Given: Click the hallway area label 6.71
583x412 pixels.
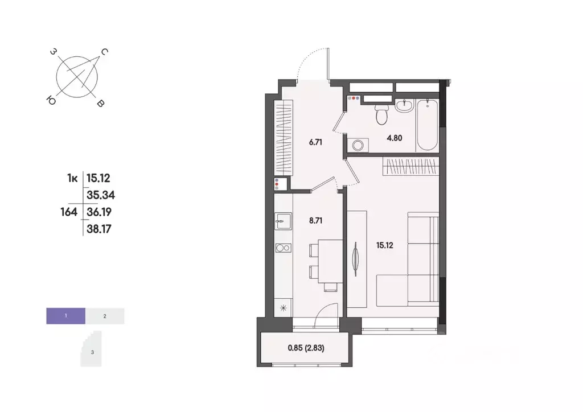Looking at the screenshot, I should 316,142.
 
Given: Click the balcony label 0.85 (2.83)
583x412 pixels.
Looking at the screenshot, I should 307,347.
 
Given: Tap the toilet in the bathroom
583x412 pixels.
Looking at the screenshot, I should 382,115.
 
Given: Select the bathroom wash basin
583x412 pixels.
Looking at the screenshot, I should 405,106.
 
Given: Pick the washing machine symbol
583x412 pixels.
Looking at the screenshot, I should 359,145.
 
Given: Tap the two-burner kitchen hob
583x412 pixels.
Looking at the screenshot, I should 282,248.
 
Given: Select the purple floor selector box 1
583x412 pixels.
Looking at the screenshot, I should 65,315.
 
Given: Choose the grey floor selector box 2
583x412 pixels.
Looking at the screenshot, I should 105,315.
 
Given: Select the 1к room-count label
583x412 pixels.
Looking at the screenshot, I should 72,178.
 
